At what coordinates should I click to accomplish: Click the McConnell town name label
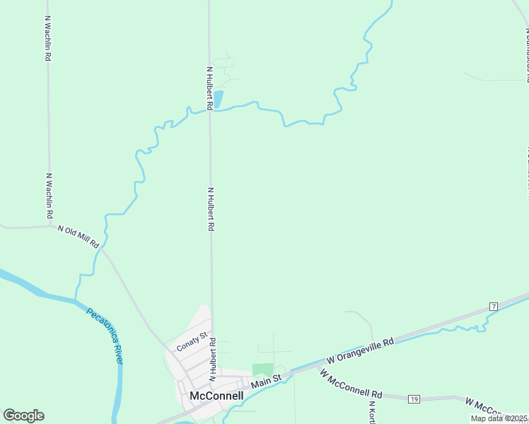(x=216, y=396)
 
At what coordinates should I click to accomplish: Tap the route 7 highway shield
(x=494, y=306)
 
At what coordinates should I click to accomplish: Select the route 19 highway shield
(x=414, y=399)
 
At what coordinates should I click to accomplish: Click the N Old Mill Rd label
(x=78, y=236)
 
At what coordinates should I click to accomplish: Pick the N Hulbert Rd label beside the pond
(x=210, y=88)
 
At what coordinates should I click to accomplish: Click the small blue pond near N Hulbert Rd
(x=218, y=99)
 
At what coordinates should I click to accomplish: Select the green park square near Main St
(x=262, y=370)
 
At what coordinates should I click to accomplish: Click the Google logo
(x=23, y=415)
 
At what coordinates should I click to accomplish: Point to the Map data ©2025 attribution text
(x=499, y=418)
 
